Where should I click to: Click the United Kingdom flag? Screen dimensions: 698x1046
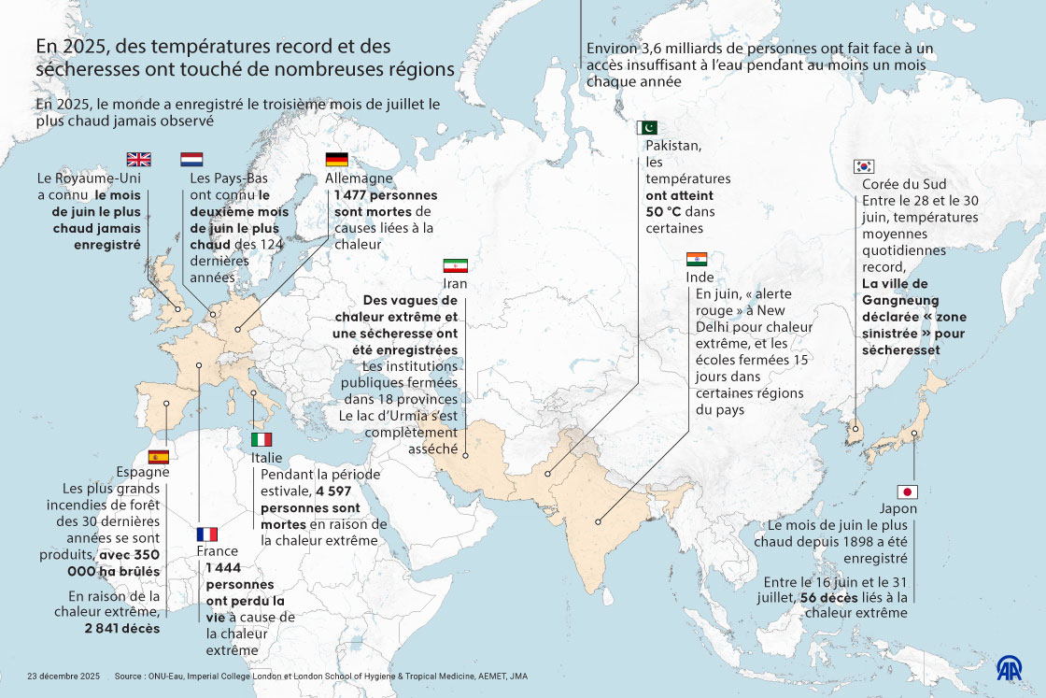[138, 159]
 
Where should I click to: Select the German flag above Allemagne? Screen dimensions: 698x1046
[336, 159]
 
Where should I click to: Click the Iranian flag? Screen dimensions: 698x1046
[454, 265]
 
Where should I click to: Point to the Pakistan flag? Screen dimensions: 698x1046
[648, 128]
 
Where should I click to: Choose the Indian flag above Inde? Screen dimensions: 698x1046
[697, 259]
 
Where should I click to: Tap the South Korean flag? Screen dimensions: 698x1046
[864, 166]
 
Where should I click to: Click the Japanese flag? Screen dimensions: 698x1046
[907, 491]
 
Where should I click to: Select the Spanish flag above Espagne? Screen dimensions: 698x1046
[159, 456]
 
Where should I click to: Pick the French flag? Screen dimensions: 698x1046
[206, 534]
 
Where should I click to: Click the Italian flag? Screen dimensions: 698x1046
[261, 439]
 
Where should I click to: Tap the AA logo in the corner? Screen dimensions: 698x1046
[1009, 668]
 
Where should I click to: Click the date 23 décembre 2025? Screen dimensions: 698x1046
[64, 676]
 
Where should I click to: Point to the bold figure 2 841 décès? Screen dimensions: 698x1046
[121, 628]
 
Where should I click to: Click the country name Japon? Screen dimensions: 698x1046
[898, 509]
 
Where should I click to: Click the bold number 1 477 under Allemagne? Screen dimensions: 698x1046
[348, 195]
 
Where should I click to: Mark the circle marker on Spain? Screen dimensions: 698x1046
[166, 405]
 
